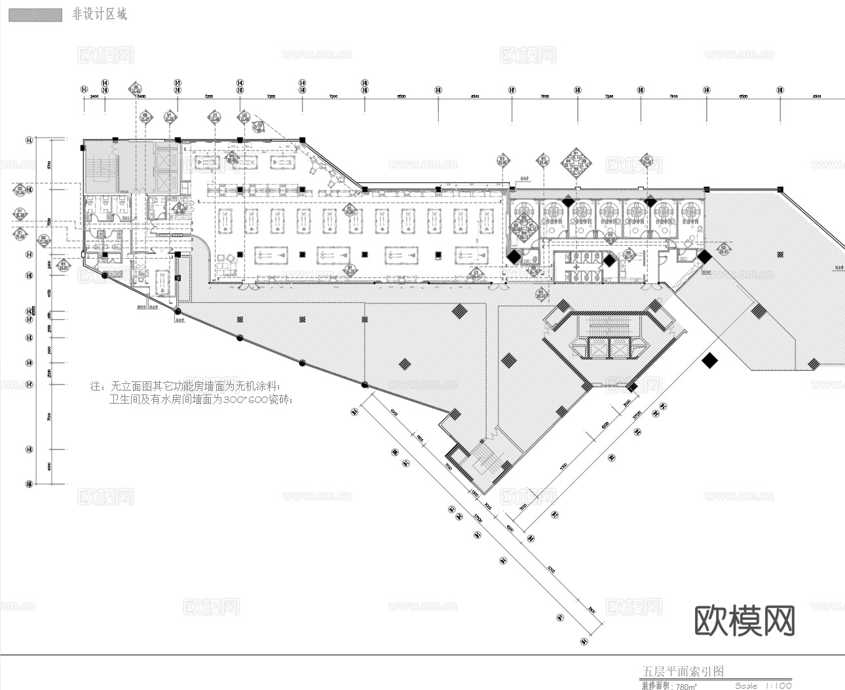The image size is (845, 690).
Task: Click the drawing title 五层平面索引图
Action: click(683, 672)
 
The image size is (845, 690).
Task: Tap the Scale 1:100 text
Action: click(763, 685)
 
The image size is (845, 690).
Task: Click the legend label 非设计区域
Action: click(100, 14)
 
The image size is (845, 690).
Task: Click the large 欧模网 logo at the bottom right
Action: click(745, 620)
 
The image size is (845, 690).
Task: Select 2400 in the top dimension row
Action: click(94, 97)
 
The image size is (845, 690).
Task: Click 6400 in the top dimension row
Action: click(140, 97)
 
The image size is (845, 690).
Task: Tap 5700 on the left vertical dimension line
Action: click(49, 164)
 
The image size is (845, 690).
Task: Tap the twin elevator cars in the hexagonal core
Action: click(609, 347)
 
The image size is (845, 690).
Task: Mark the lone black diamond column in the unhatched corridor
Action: click(709, 360)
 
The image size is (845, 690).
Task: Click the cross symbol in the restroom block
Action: click(576, 267)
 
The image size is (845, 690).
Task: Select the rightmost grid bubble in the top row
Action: click(780, 90)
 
